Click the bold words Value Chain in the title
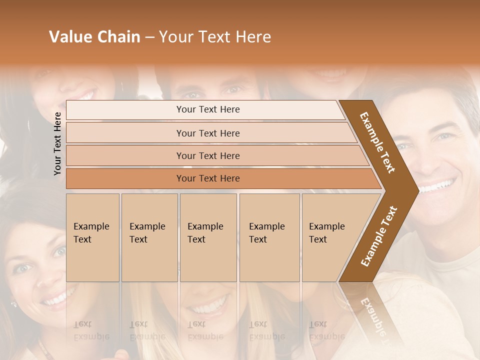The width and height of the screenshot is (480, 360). click(x=94, y=37)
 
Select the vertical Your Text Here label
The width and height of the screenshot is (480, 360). click(x=57, y=143)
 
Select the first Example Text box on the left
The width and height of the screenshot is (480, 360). click(x=92, y=237)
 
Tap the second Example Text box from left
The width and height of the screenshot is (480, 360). click(x=149, y=237)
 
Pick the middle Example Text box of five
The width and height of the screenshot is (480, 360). click(x=208, y=237)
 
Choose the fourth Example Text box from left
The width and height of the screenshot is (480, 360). click(x=269, y=237)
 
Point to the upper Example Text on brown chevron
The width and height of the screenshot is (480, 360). click(x=377, y=142)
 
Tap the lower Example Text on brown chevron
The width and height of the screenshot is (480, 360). click(x=379, y=236)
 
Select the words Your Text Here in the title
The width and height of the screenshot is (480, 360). click(x=215, y=37)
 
